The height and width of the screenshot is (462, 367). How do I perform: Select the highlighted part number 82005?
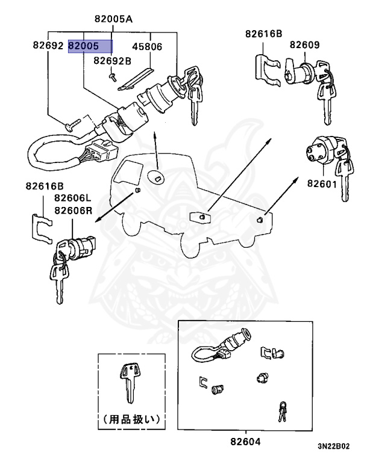pyautogui.click(x=90, y=46)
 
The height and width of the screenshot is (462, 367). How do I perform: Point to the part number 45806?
pyautogui.click(x=148, y=46)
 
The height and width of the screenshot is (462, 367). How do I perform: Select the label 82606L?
pyautogui.click(x=72, y=198)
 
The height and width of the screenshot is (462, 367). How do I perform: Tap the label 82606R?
pyautogui.click(x=72, y=210)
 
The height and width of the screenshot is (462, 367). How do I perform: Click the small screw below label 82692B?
pyautogui.click(x=112, y=75)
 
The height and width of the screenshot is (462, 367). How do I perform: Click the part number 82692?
pyautogui.click(x=48, y=46)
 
